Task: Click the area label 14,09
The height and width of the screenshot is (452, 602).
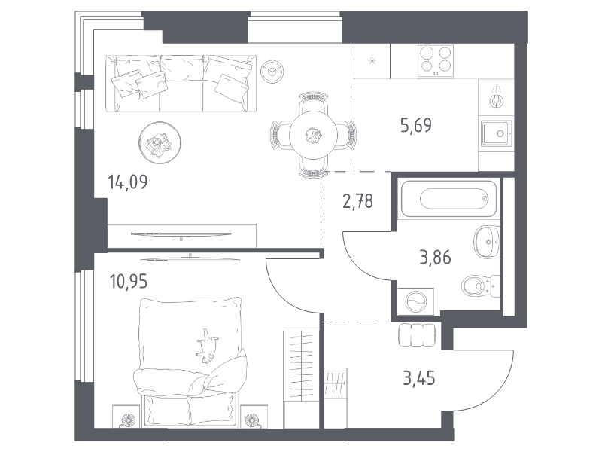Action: pos(127,182)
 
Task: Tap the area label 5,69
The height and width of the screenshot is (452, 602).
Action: pos(416,125)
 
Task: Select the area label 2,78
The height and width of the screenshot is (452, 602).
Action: pos(357,201)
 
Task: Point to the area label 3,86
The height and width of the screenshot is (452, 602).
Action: pos(435,257)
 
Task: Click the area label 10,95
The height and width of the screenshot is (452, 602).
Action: pos(128,282)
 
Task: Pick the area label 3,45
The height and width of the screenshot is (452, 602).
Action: pos(419,378)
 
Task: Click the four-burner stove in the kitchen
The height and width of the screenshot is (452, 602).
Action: pos(436,60)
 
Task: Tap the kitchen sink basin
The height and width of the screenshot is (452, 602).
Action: pos(497,133)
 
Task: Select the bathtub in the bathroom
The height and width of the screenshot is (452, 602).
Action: pos(448,199)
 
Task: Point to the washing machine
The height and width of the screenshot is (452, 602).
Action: pos(416,301)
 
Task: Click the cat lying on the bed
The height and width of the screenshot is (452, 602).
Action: pos(208,346)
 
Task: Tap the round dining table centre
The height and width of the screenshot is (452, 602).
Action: pos(313,135)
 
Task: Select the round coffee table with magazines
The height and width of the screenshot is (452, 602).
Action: pos(160,142)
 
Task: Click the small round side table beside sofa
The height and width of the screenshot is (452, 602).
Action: pos(272,71)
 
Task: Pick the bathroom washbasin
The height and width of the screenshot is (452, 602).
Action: pos(487,242)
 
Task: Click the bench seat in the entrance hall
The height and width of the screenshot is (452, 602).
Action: pos(417,334)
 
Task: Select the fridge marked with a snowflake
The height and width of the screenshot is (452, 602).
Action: pos(372,62)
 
